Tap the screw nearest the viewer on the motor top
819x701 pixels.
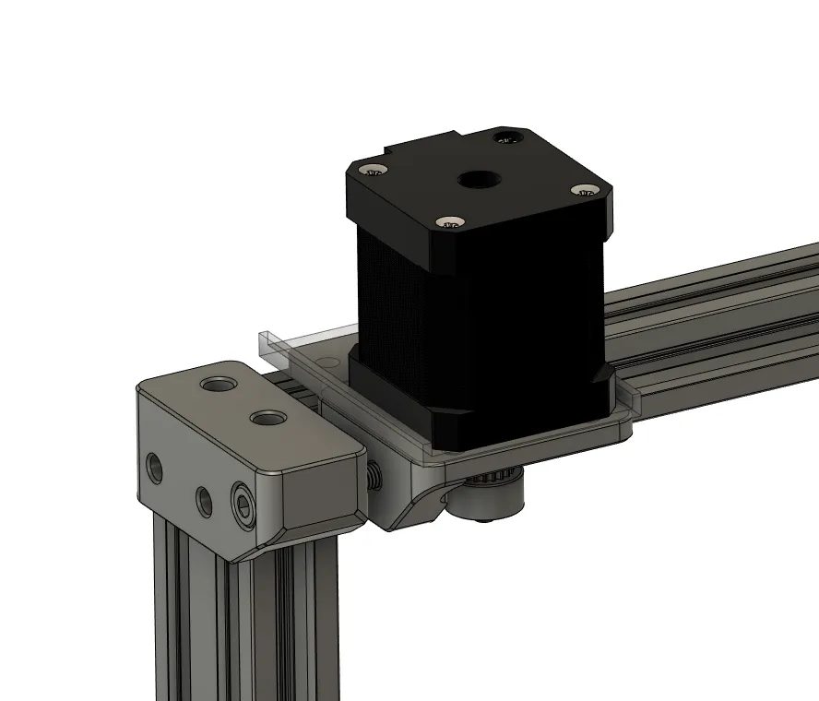449,222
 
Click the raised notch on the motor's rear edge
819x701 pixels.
424,142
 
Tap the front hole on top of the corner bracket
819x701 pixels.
267,419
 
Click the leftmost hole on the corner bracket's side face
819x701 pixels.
154,467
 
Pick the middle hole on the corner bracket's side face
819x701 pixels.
203,500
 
